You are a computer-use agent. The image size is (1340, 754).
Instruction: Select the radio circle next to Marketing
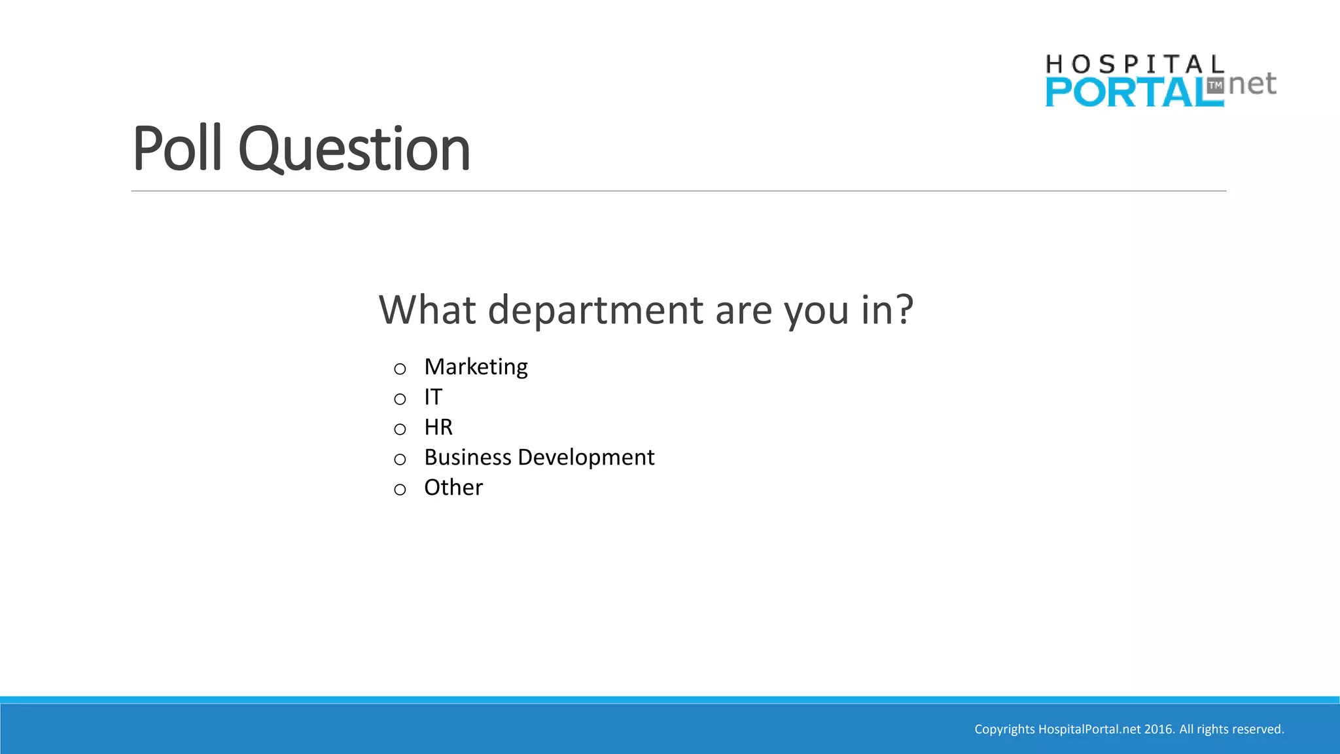[400, 369]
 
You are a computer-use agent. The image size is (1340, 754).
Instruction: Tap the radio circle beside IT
[400, 399]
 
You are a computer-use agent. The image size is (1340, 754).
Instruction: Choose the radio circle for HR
[400, 429]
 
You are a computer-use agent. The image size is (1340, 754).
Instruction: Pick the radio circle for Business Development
[400, 459]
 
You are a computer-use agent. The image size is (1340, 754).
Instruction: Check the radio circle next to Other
[400, 490]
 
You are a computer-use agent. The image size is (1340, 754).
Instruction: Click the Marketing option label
[476, 367]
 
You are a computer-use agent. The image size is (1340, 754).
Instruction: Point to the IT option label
[433, 397]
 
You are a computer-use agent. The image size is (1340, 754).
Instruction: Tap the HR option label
[438, 427]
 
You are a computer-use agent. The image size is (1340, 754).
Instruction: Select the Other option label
[453, 488]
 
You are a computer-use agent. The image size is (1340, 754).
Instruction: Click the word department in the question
[595, 310]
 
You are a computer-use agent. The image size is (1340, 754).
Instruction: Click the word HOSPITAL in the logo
[1135, 65]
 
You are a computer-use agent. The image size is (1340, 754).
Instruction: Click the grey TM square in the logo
[1215, 86]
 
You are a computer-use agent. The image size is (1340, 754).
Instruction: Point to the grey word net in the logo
[1252, 84]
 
